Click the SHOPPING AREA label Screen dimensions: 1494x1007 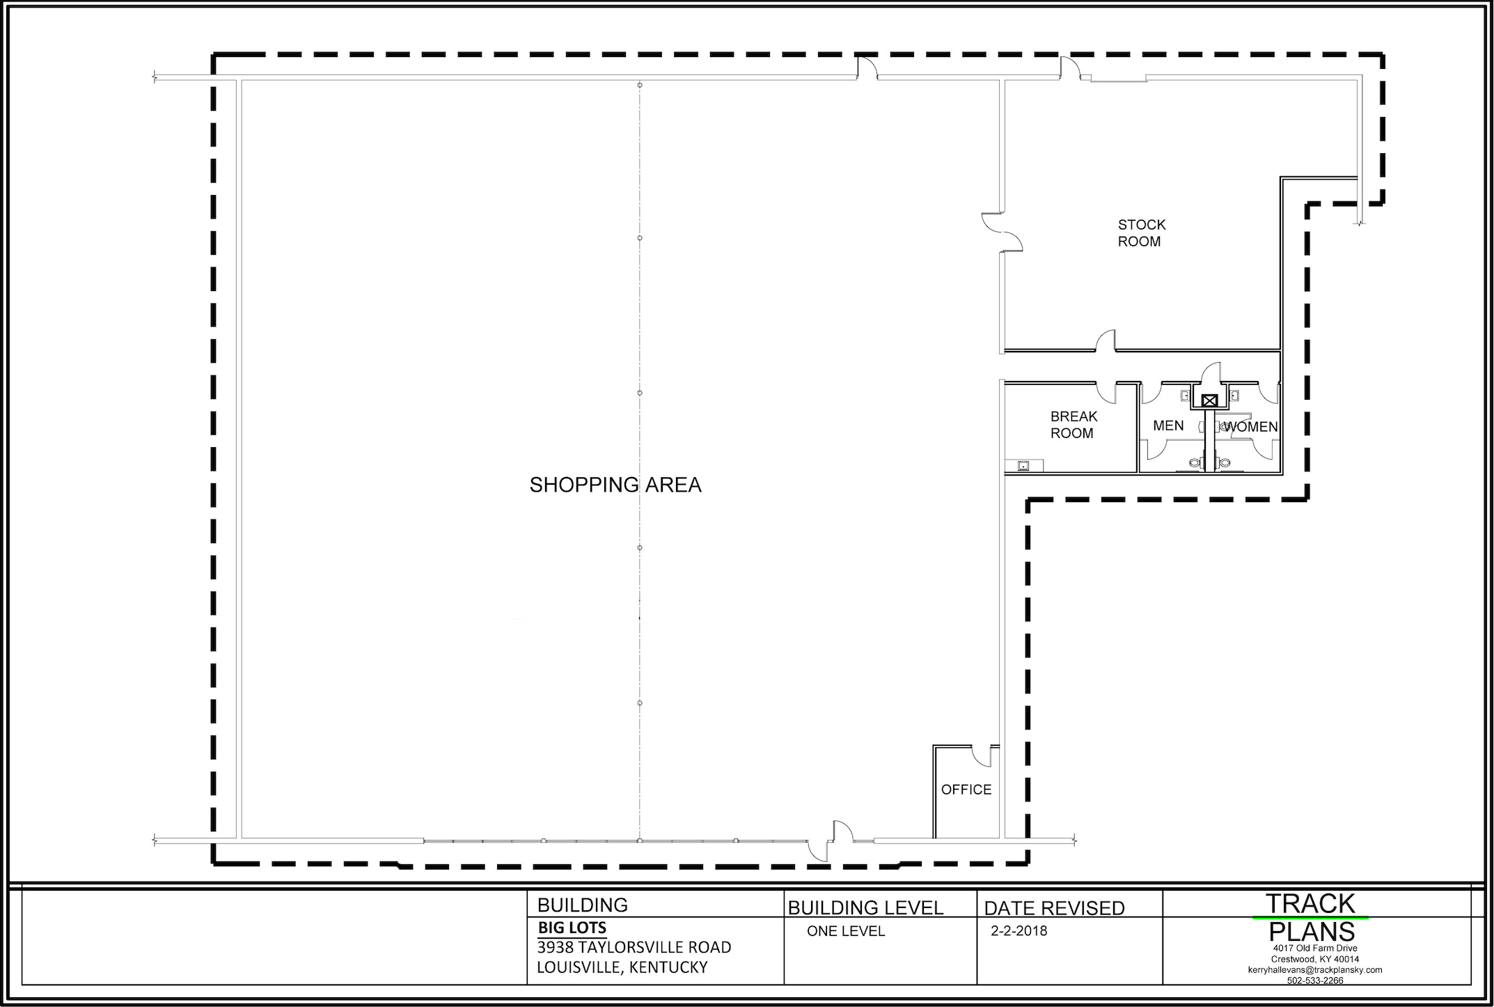(615, 485)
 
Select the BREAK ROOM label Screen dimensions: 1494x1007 (1074, 425)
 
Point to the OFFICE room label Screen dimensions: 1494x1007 (966, 790)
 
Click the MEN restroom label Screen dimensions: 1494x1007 (1168, 426)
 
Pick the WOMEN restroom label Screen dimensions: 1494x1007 (1251, 427)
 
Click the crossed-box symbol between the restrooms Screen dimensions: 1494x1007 (1209, 401)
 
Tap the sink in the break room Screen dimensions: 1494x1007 (1024, 465)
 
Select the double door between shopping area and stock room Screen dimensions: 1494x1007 (1002, 232)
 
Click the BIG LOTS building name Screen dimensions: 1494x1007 (572, 928)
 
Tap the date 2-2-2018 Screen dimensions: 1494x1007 (1019, 931)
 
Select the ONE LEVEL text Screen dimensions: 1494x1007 (846, 932)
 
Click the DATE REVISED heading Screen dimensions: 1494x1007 (1054, 908)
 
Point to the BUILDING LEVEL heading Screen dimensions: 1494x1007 (865, 908)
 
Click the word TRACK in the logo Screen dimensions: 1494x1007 (1310, 904)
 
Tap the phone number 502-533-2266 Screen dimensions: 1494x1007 (1315, 981)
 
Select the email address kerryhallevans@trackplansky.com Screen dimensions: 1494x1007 (1315, 970)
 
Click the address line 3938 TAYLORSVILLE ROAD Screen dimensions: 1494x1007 (634, 948)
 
